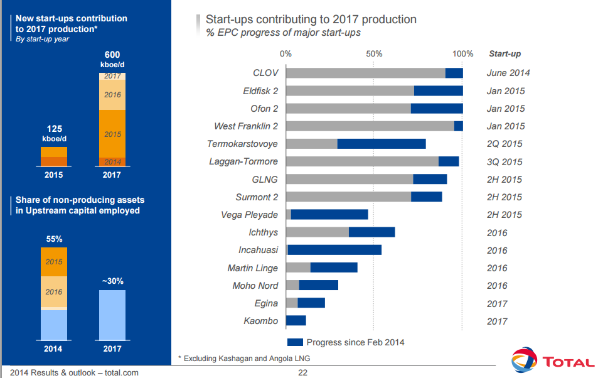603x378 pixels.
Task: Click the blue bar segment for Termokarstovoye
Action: (382, 144)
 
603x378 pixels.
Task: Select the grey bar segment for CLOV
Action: (365, 73)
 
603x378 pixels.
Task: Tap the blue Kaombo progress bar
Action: (296, 321)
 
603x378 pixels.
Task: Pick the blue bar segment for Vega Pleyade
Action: (329, 215)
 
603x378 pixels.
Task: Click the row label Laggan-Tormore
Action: (243, 162)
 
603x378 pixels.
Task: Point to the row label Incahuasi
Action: (258, 251)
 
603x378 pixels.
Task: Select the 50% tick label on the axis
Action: (374, 54)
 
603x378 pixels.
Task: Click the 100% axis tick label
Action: (462, 54)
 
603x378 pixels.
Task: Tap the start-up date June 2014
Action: (508, 73)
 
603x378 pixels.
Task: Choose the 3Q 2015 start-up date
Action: (504, 162)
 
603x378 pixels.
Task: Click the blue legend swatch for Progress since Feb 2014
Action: (295, 342)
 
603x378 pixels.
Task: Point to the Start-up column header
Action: (504, 54)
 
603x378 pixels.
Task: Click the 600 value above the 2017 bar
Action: (112, 55)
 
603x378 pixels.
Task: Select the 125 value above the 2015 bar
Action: (54, 129)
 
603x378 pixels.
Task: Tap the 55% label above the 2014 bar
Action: (54, 239)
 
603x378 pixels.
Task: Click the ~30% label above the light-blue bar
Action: (112, 281)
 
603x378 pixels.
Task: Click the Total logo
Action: (552, 361)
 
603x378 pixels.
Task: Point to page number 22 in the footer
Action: (302, 373)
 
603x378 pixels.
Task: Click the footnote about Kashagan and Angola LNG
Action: (244, 359)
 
